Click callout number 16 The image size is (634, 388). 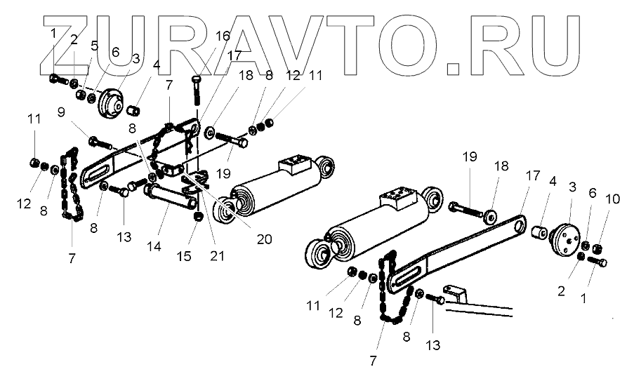[x=222, y=36]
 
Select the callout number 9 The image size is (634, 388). [x=61, y=111]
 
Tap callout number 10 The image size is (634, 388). [x=612, y=200]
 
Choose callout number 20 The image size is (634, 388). [x=264, y=239]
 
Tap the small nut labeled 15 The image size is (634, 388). [x=198, y=215]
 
